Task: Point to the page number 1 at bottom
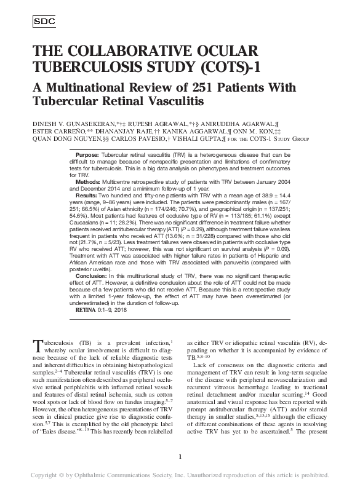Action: [x=180, y=456]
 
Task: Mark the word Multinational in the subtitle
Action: [x=95, y=87]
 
